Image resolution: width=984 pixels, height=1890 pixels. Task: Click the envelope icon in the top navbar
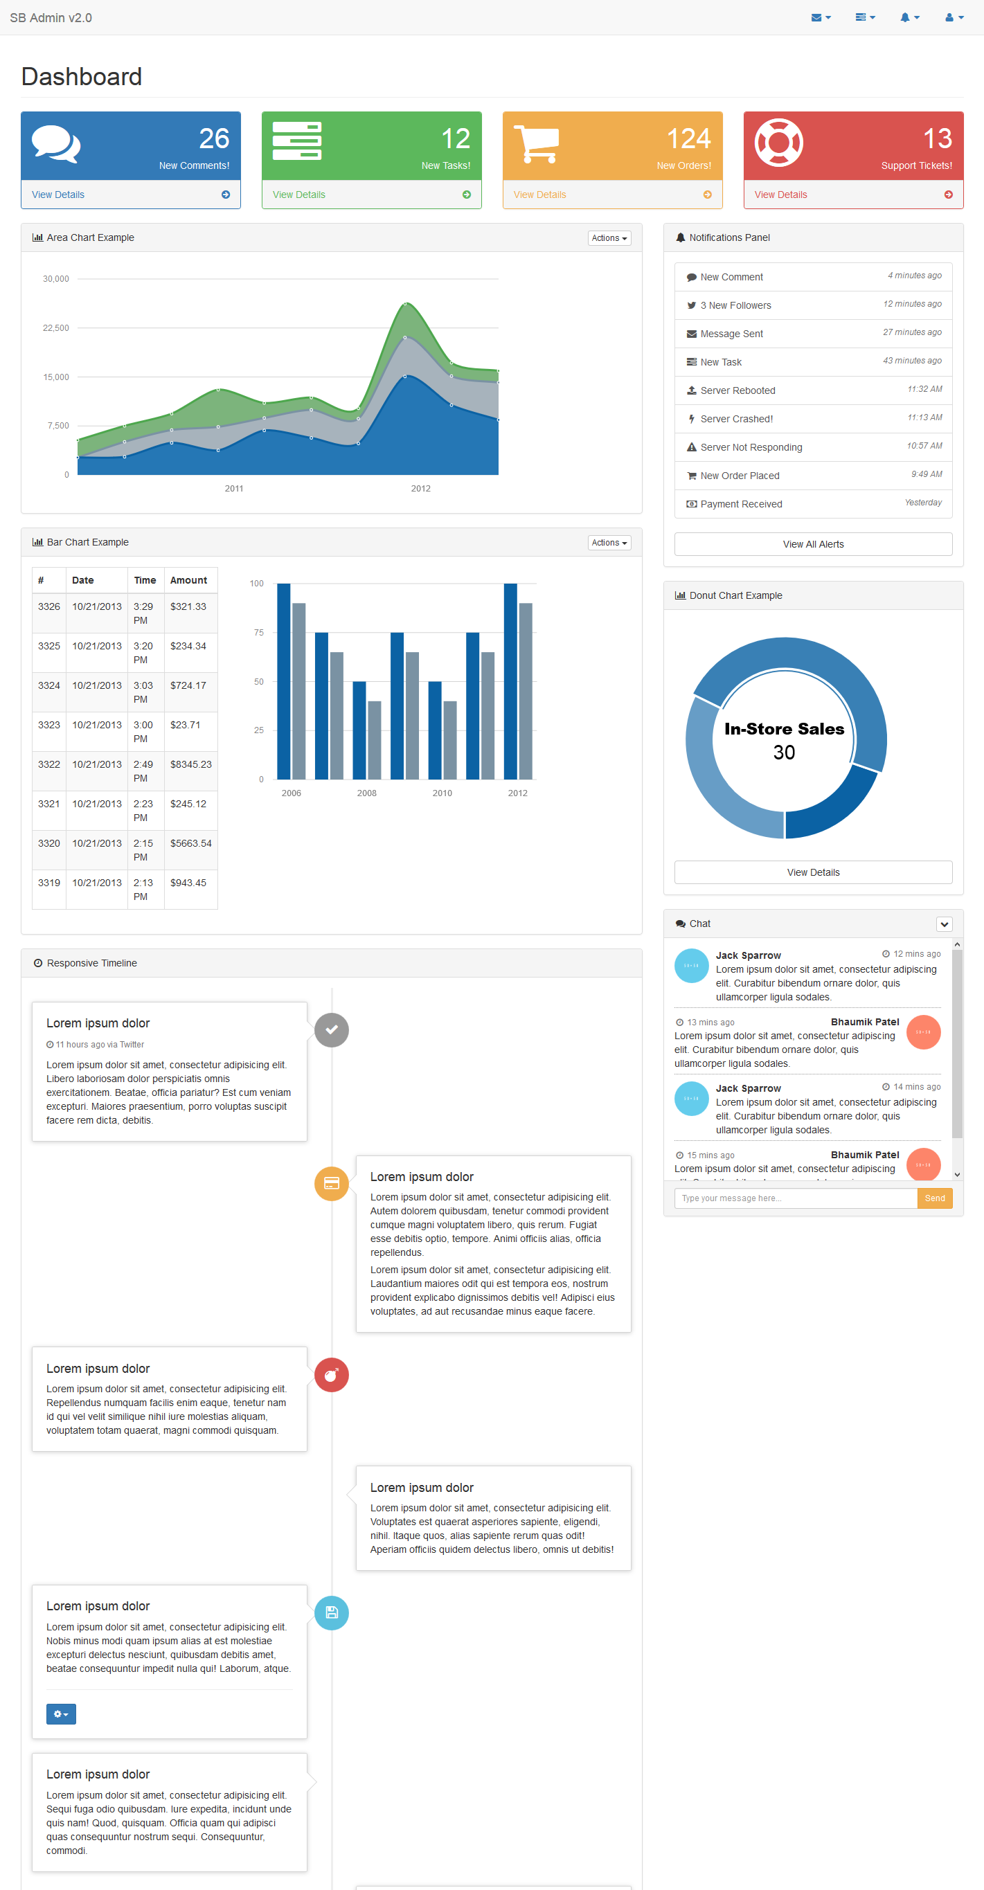[x=816, y=17]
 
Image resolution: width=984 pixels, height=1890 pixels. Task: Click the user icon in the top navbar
[x=949, y=17]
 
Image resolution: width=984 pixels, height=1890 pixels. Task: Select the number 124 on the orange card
[x=688, y=138]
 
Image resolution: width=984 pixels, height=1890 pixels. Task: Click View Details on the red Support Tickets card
[x=780, y=195]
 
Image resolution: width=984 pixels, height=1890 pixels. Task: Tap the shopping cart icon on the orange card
[x=537, y=144]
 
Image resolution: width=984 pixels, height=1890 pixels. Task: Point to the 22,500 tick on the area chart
[x=56, y=328]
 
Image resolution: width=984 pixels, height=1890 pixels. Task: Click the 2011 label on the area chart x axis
[x=234, y=489]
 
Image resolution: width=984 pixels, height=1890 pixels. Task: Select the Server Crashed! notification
[x=736, y=419]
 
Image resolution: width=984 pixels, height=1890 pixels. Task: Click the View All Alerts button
[x=812, y=544]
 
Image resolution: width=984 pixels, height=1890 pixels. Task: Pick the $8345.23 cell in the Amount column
[x=191, y=764]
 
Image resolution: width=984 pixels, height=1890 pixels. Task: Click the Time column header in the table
[x=145, y=580]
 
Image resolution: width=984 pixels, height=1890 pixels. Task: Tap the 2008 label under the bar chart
[x=367, y=793]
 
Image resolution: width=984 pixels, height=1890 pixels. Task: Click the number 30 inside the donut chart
[x=784, y=753]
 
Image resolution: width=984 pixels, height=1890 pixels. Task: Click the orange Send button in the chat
[x=934, y=1198]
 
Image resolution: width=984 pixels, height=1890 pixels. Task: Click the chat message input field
[x=795, y=1198]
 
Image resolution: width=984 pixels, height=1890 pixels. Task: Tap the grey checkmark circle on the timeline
[x=332, y=1029]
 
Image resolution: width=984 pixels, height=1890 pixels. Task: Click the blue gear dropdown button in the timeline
[x=61, y=1714]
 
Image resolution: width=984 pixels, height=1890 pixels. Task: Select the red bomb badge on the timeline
[x=332, y=1374]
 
